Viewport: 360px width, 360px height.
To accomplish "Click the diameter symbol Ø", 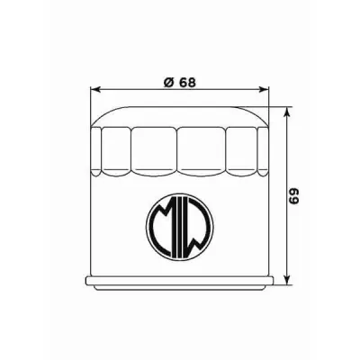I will pos(168,83).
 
